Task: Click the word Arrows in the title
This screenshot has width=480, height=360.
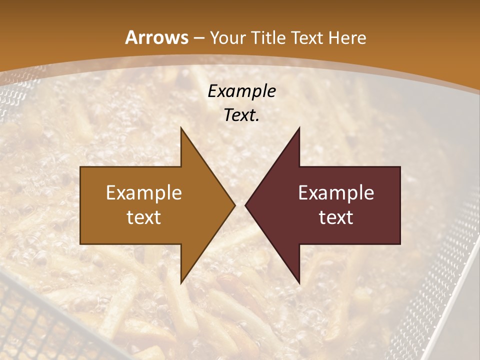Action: [157, 37]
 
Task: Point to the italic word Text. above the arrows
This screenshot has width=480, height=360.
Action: [241, 115]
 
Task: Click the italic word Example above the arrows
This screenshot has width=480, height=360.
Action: [241, 91]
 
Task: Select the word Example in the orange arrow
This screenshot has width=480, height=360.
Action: [144, 193]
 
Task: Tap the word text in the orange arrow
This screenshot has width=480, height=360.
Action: [144, 217]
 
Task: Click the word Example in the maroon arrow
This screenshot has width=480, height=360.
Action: [336, 193]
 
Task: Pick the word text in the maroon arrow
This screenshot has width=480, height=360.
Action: [336, 217]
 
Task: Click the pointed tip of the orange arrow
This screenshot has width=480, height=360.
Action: [234, 205]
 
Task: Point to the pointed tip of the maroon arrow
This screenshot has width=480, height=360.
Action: [245, 205]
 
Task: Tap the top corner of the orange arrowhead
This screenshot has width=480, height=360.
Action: [181, 128]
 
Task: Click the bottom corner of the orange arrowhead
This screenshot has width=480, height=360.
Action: [181, 283]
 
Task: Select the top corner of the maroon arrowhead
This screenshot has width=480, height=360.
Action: [299, 128]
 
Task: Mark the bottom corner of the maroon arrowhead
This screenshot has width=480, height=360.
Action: [299, 283]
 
